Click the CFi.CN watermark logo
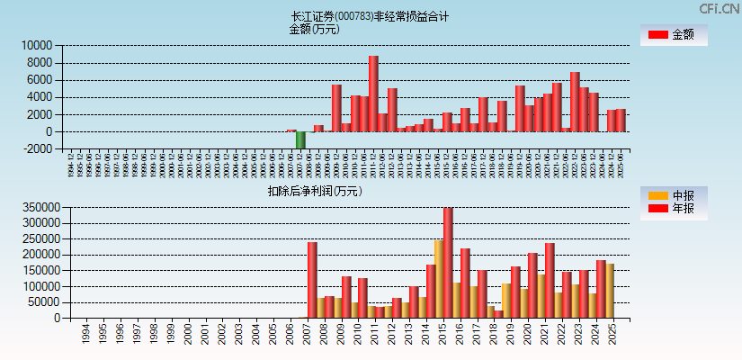pos(719,9)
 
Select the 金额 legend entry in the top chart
pos(673,35)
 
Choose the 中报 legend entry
pos(673,195)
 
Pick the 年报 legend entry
pos(673,209)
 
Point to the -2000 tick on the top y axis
pos(36,149)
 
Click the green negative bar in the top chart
pos(300,140)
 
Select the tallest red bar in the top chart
pos(373,94)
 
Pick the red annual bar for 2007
pos(312,280)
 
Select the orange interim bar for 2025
pos(610,291)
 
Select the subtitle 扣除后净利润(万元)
pos(314,191)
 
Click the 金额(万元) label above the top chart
pos(314,29)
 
